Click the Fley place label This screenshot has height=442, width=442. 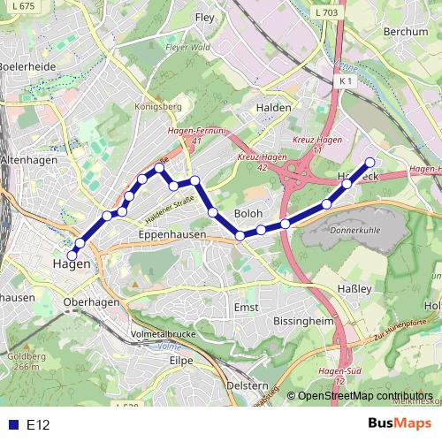click(x=205, y=17)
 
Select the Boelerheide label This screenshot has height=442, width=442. click(x=27, y=66)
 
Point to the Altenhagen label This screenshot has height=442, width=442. click(x=30, y=160)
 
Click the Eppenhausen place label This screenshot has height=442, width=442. click(x=172, y=235)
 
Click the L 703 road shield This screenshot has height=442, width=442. click(x=324, y=13)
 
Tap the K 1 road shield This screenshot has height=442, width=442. click(x=345, y=80)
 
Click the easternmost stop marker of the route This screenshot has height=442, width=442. click(x=370, y=162)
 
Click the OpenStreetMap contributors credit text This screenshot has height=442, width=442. click(x=365, y=397)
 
